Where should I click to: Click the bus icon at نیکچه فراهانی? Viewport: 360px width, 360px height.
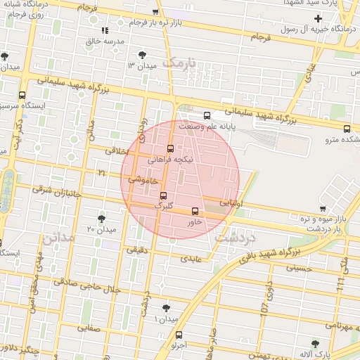(x=170, y=148)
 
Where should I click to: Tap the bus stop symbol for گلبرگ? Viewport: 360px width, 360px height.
(x=164, y=195)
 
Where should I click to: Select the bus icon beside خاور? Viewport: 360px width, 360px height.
(x=195, y=210)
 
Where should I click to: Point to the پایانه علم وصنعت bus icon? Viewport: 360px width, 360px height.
(x=206, y=115)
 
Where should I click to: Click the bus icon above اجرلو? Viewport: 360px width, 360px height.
(x=179, y=335)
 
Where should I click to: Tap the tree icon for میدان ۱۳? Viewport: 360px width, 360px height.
(x=144, y=54)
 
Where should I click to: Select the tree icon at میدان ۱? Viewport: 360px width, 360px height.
(x=166, y=308)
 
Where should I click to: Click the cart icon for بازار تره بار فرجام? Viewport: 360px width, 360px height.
(x=155, y=12)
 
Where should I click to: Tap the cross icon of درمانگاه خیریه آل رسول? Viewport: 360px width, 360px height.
(x=319, y=18)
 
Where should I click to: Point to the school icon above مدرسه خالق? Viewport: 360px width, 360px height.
(x=105, y=30)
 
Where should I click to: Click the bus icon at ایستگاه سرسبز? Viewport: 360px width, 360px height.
(x=22, y=95)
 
